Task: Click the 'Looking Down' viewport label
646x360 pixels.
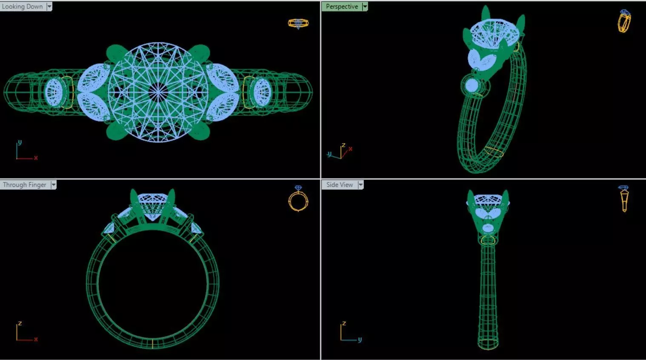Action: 22,6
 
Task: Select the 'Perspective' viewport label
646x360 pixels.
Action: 341,6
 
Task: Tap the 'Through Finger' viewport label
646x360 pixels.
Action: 24,185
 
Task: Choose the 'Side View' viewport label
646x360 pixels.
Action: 339,185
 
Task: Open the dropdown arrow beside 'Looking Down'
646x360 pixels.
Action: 49,6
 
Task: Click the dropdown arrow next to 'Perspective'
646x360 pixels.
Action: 365,6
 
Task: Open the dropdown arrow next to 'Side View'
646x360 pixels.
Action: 360,185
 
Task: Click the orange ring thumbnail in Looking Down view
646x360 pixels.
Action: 298,23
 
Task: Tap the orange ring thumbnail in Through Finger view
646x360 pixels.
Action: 298,199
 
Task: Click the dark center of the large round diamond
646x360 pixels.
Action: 158,91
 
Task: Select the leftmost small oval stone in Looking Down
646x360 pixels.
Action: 54,91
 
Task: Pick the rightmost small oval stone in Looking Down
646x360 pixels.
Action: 262,91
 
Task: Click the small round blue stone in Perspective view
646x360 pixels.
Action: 472,86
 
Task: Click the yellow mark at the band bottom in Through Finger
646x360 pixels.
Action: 152,343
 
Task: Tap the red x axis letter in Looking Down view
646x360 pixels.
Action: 36,158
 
